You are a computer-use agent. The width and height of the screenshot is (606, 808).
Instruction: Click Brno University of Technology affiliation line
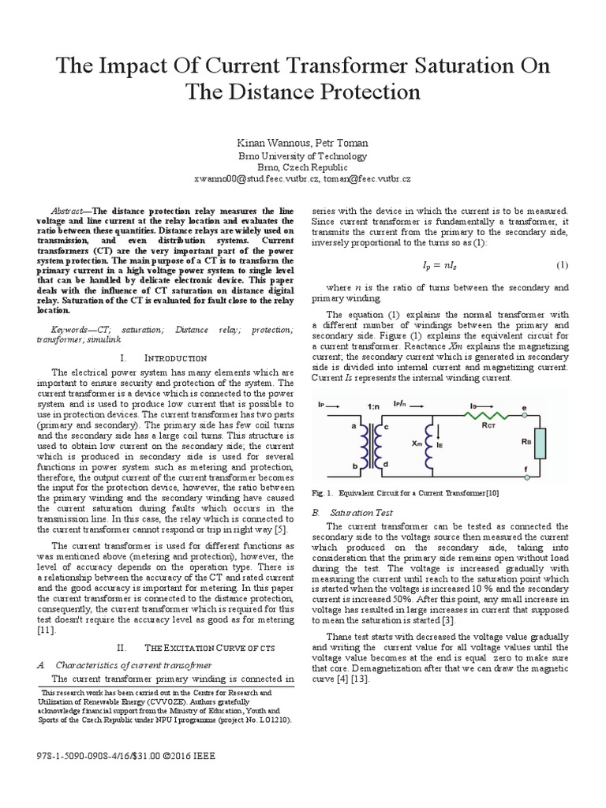(303, 155)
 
